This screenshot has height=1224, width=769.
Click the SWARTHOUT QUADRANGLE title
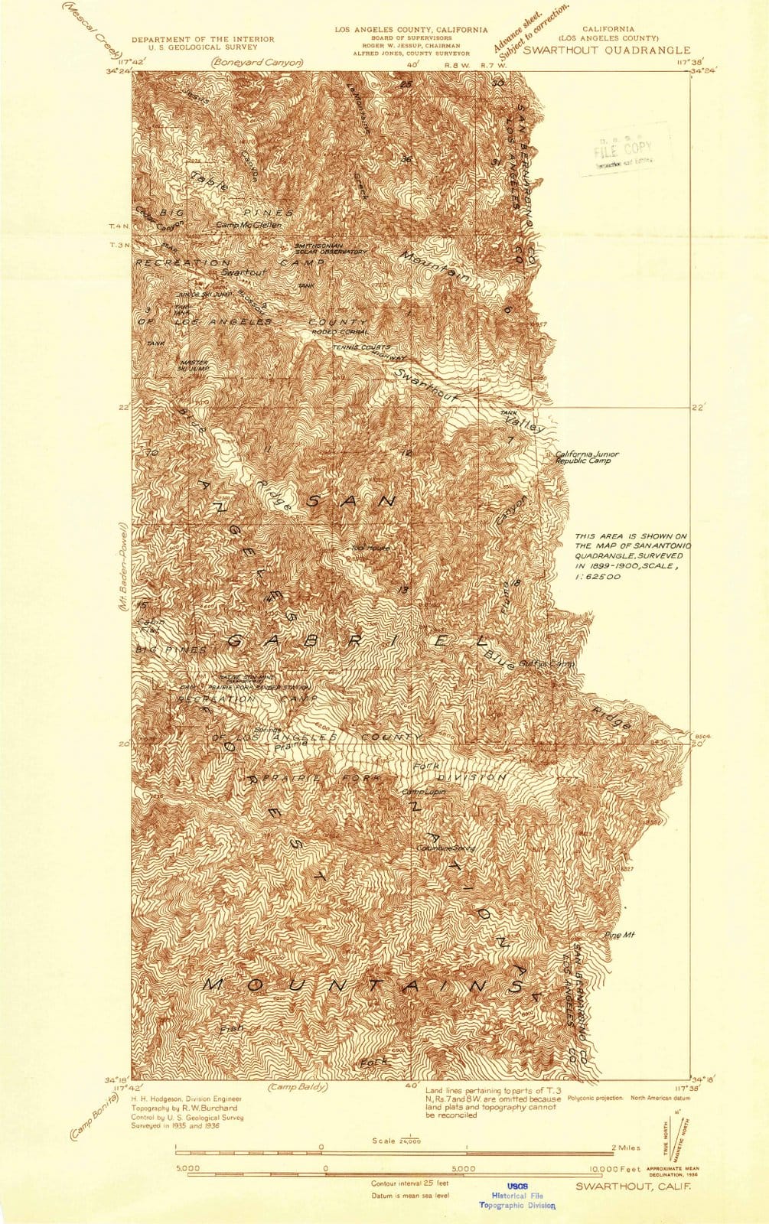606,50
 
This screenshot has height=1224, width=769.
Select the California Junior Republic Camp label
586,457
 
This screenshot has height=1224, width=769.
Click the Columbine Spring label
445,848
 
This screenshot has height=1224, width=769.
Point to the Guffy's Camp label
546,664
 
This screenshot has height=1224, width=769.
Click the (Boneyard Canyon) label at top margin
258,63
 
